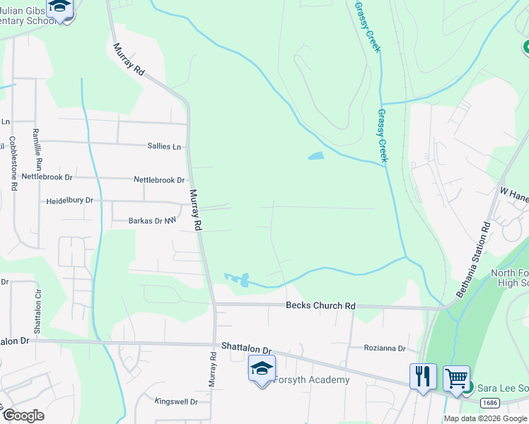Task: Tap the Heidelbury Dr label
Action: (x=69, y=201)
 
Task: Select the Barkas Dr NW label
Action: (x=151, y=221)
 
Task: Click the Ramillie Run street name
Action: (x=39, y=151)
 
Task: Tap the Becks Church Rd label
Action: (x=320, y=306)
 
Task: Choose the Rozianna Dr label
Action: (x=385, y=348)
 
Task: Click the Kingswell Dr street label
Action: (x=176, y=401)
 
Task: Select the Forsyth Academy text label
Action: (x=312, y=380)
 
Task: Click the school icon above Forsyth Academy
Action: (x=262, y=367)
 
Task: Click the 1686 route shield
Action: (x=489, y=402)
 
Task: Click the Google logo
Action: (x=23, y=416)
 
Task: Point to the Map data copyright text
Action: (x=485, y=418)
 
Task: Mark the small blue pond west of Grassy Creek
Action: (x=316, y=155)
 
